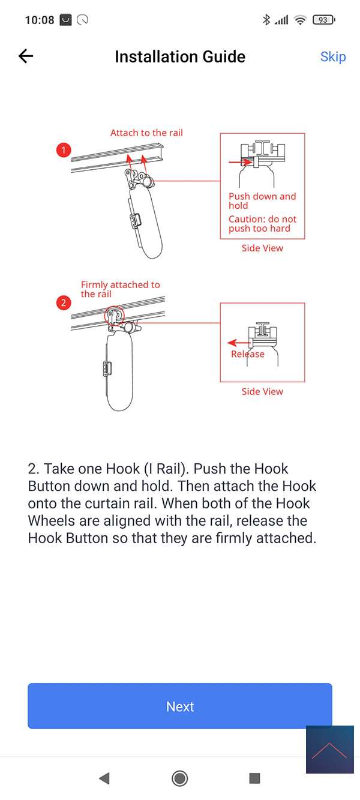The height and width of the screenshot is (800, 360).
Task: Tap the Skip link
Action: coord(333,57)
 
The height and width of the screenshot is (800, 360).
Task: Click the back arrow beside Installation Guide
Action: coord(26,56)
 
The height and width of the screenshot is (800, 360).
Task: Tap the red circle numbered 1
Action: coord(64,150)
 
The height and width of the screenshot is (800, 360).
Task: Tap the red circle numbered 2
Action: coord(64,303)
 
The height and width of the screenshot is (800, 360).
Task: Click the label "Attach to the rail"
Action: coord(146,133)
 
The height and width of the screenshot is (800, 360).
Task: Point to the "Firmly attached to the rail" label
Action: coord(121,289)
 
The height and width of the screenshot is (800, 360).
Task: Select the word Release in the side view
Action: coord(247,354)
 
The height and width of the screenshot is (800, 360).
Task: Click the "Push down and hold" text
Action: coord(262,200)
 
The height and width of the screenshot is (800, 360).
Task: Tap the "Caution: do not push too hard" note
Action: coord(263,224)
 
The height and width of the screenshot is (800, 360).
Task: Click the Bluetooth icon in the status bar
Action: coord(266,20)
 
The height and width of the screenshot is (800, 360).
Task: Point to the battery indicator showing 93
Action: coord(323,20)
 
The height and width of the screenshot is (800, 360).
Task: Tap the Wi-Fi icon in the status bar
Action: coord(301,20)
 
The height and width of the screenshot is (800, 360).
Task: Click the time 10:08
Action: coord(39,20)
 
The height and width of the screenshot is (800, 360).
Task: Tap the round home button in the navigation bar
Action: coord(179,778)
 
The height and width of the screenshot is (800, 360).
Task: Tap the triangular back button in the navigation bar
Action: coord(104,778)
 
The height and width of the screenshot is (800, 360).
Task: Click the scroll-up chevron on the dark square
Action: coord(329,750)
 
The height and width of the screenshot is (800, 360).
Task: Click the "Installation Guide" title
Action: coord(180,57)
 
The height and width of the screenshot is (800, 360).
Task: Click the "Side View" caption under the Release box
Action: coord(262,391)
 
